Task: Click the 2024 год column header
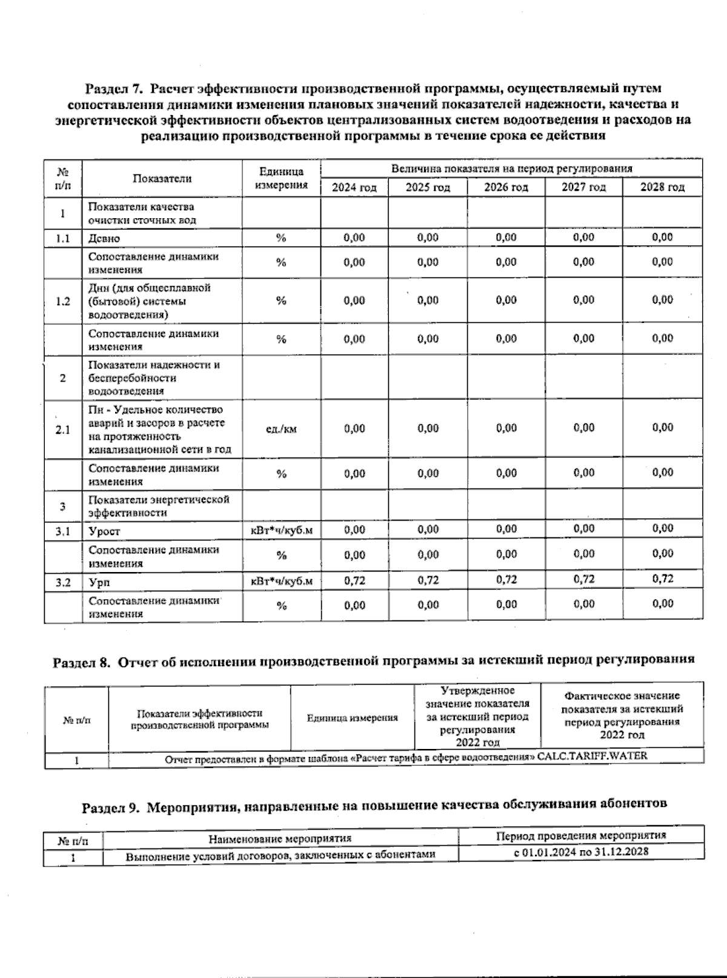point(354,187)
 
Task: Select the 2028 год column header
point(662,187)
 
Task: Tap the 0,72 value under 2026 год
point(506,580)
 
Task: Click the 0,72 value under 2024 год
point(354,580)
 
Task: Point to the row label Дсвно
point(105,238)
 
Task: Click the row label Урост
point(105,531)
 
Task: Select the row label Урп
point(99,582)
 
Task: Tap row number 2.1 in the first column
point(63,430)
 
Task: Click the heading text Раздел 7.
point(113,90)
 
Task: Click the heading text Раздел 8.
point(82,662)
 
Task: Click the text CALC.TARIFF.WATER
point(592,756)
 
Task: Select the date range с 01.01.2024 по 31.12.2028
point(581,851)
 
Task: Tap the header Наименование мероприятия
point(280,839)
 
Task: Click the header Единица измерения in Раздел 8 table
point(352,718)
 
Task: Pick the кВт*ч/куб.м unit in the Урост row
point(282,531)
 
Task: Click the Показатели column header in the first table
point(162,178)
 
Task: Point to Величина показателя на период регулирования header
point(511,168)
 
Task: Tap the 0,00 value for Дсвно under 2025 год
point(428,238)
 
